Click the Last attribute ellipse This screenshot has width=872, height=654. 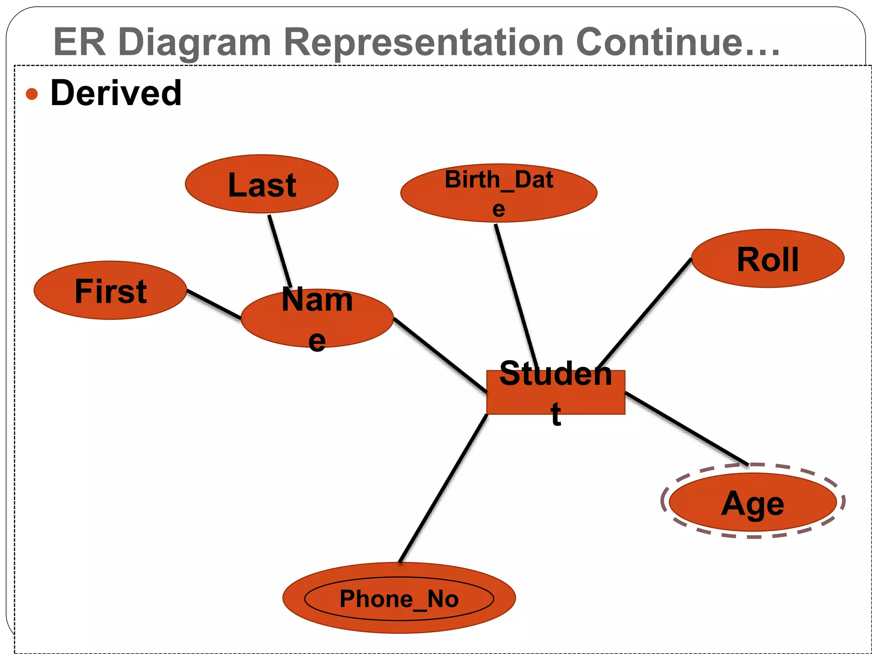tap(261, 184)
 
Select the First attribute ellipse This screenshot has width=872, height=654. tap(110, 290)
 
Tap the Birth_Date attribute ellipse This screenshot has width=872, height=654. tap(499, 193)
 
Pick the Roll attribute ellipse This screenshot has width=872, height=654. tap(768, 258)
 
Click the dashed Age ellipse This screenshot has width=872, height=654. tap(752, 502)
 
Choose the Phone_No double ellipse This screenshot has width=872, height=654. tap(399, 598)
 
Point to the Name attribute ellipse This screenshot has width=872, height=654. tap(317, 318)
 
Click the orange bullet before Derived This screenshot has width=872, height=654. tap(32, 94)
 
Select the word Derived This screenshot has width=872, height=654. tap(116, 93)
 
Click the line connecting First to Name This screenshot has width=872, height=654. tap(214, 304)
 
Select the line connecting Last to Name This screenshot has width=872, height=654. tap(280, 251)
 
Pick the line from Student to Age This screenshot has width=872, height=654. tap(686, 428)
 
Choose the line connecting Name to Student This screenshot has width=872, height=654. tap(440, 355)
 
